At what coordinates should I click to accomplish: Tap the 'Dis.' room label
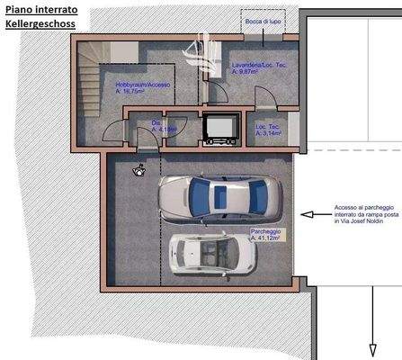pos(156,121)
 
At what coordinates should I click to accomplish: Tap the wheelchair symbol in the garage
pos(138,169)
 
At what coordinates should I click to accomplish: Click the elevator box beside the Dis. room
pos(219,127)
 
